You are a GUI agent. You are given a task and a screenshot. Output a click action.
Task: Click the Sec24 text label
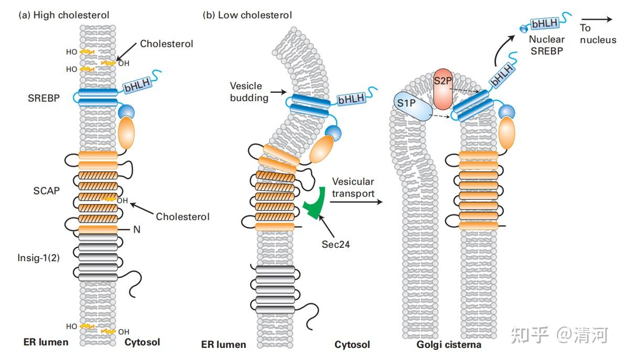click(x=335, y=244)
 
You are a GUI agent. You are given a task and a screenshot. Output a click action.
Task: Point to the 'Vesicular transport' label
click(x=353, y=188)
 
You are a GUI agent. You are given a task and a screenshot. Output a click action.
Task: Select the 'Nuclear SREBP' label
click(x=546, y=46)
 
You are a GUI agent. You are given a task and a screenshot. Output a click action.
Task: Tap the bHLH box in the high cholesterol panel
click(x=137, y=85)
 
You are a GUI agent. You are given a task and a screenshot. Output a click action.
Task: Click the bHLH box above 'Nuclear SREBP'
click(x=546, y=24)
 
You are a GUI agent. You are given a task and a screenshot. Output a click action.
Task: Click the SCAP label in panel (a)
click(x=47, y=191)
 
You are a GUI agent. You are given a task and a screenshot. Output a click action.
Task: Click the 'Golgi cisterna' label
click(x=449, y=345)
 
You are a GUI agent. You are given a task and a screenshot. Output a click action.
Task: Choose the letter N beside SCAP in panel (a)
click(x=137, y=230)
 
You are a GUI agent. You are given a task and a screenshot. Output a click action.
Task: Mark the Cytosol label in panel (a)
click(x=142, y=343)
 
